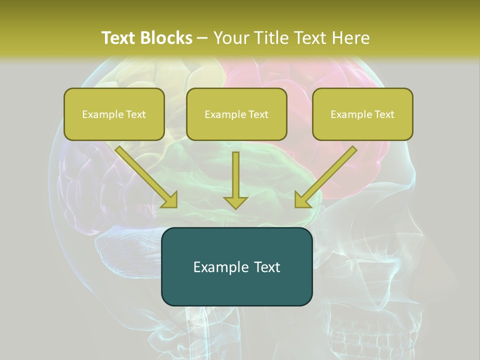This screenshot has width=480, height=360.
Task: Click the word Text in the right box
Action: point(384,114)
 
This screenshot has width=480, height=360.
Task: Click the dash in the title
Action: point(202,38)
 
